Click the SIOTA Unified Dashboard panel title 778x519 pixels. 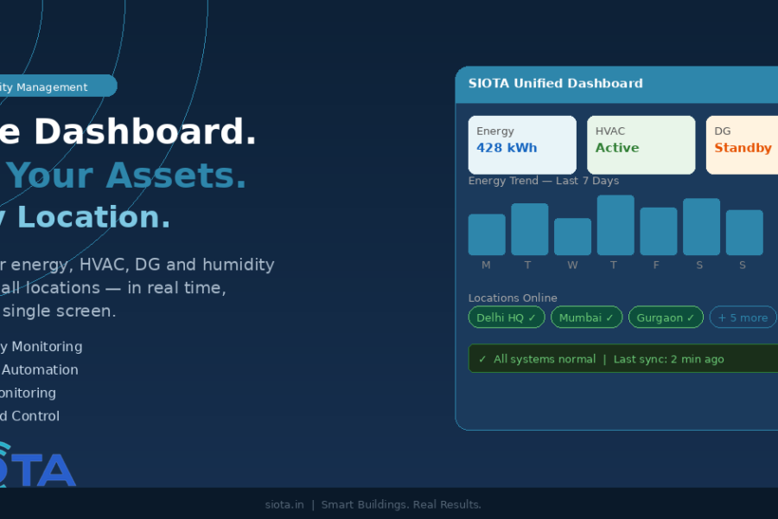pyautogui.click(x=555, y=84)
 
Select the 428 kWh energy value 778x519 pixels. pyautogui.click(x=507, y=148)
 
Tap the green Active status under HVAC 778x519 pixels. pyautogui.click(x=617, y=148)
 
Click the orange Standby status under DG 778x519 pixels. pyautogui.click(x=743, y=148)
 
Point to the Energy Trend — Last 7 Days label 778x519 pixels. pyautogui.click(x=543, y=181)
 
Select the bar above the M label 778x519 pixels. pyautogui.click(x=487, y=234)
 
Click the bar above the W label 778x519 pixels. pyautogui.click(x=572, y=237)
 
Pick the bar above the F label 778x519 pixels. pyautogui.click(x=658, y=231)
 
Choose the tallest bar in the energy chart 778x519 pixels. pyautogui.click(x=615, y=225)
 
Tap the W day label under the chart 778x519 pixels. pyautogui.click(x=572, y=266)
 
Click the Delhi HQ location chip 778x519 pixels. pyautogui.click(x=507, y=317)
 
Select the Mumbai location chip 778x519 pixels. pyautogui.click(x=586, y=317)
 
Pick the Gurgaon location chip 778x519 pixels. pyautogui.click(x=666, y=317)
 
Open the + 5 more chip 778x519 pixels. pyautogui.click(x=743, y=317)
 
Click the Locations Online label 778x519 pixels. pyautogui.click(x=513, y=298)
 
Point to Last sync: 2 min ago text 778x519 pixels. pyautogui.click(x=668, y=359)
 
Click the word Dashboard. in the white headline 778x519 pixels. pyautogui.click(x=144, y=132)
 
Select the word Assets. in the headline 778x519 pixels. pyautogui.click(x=176, y=176)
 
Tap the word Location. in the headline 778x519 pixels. pyautogui.click(x=94, y=217)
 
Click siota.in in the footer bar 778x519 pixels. pyautogui.click(x=284, y=504)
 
